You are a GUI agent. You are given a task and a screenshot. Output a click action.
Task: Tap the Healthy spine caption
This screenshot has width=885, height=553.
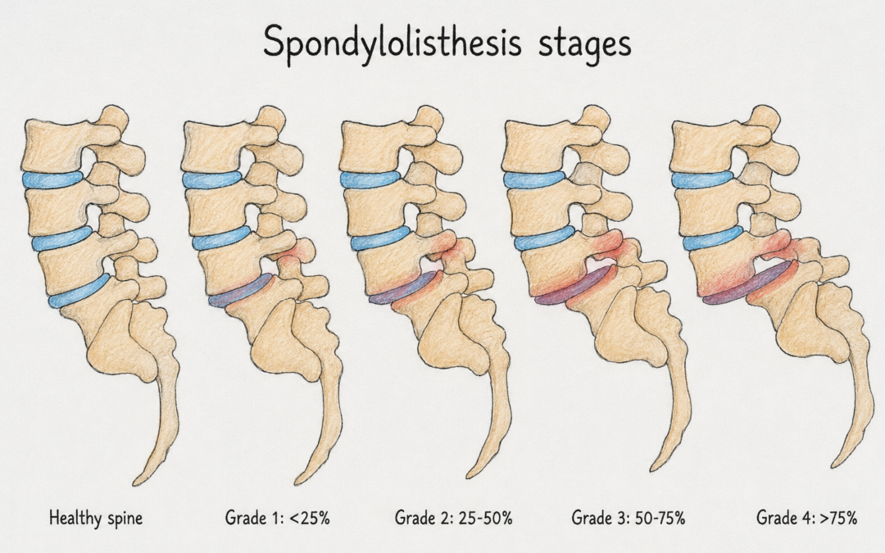[x=96, y=518]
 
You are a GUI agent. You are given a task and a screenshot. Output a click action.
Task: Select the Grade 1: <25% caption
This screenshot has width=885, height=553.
[x=277, y=517]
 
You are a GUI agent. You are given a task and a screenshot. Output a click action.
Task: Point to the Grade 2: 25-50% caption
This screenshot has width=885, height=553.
[x=453, y=517]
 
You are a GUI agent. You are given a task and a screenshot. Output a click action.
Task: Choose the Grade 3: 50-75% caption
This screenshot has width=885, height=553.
[x=629, y=517]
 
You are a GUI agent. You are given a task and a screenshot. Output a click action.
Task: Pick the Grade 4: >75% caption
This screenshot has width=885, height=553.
[x=806, y=517]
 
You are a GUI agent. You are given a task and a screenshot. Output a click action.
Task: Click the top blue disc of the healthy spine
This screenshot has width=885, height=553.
[x=52, y=180]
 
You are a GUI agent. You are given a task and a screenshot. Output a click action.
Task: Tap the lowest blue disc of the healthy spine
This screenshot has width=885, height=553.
[x=79, y=291]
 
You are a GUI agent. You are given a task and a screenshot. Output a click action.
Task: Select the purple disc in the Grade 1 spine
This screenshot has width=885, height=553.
[x=241, y=291]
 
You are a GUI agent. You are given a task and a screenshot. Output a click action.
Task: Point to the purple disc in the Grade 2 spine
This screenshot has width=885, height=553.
[x=404, y=288]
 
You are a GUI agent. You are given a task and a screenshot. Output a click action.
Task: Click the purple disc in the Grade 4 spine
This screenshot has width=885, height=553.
[x=748, y=283]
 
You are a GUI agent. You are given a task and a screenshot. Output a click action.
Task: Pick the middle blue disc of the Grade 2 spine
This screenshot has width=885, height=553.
[x=381, y=239]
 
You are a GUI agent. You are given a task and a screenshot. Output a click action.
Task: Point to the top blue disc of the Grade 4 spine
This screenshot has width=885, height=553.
[x=702, y=180]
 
